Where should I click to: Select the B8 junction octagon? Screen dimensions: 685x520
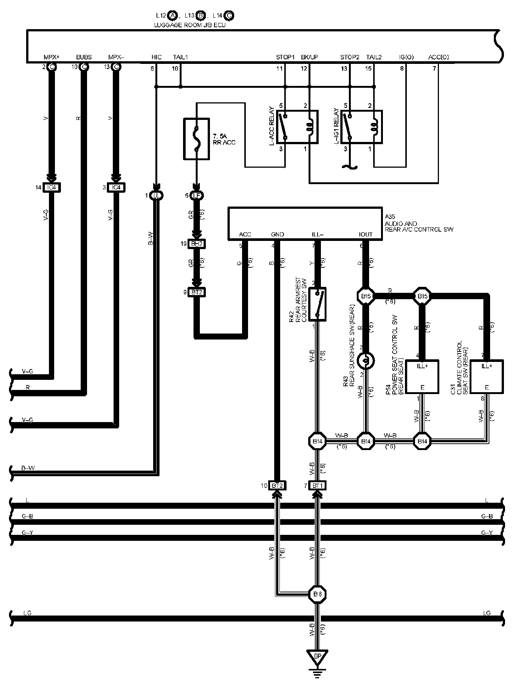(x=317, y=594)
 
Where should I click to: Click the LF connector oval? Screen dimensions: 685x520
(x=196, y=195)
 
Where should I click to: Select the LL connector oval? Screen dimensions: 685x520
(x=156, y=195)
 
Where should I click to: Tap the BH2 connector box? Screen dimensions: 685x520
(x=196, y=244)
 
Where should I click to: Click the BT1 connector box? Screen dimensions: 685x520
(x=317, y=486)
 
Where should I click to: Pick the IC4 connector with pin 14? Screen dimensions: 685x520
(x=52, y=187)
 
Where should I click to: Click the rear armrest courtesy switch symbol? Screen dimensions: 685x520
(x=317, y=304)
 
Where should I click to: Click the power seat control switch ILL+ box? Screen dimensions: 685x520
(x=422, y=376)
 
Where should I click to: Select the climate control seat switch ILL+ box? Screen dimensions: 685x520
(x=486, y=376)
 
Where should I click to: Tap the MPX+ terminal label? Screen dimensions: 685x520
(x=52, y=57)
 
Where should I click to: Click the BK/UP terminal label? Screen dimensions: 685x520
(x=309, y=57)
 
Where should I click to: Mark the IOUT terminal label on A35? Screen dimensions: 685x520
(x=365, y=234)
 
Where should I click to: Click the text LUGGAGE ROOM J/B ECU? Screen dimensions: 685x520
(x=190, y=25)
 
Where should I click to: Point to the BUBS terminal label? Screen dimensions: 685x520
(x=84, y=57)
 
